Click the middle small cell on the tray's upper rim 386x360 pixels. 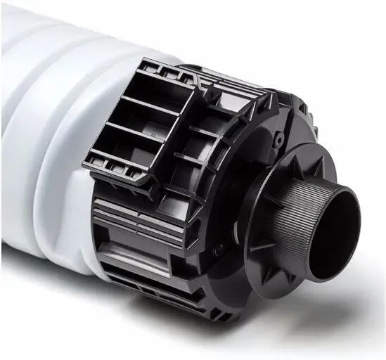(x=167, y=70)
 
